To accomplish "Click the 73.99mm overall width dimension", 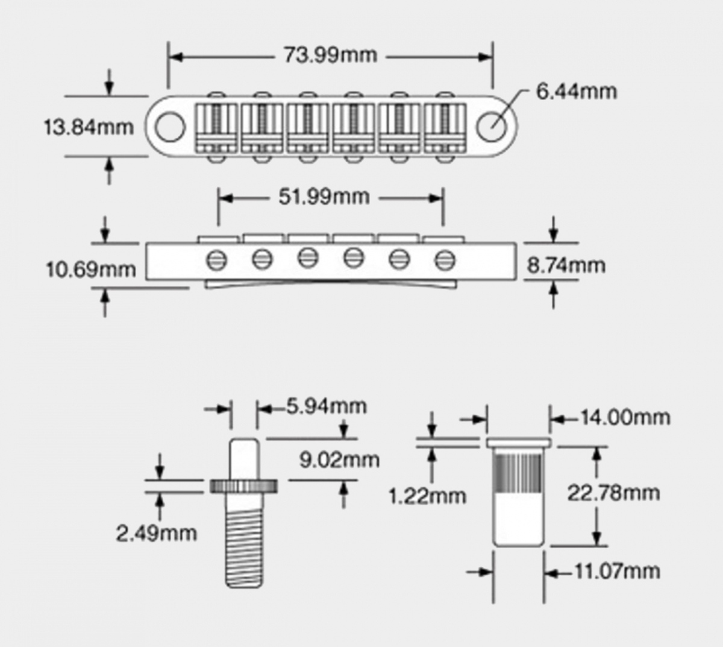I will click(x=330, y=55).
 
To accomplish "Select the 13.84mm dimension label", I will click(x=89, y=127).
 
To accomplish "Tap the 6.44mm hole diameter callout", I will click(x=577, y=92).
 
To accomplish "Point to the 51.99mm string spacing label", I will click(x=324, y=197).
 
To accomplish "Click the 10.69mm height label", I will click(x=91, y=269).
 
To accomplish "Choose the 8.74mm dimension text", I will click(x=566, y=265).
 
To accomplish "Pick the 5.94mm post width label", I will click(x=326, y=406).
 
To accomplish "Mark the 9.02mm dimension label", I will click(x=339, y=460).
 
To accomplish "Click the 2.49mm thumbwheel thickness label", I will click(x=156, y=532).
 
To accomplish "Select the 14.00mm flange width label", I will click(x=625, y=417).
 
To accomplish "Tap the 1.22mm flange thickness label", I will click(x=427, y=496).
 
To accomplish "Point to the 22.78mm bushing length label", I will click(x=613, y=493).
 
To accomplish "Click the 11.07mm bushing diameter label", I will click(x=616, y=570).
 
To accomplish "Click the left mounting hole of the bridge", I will click(x=170, y=127).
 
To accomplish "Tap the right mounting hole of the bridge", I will click(x=491, y=127).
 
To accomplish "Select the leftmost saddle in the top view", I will click(x=216, y=127).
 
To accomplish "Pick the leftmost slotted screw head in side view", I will click(x=216, y=260).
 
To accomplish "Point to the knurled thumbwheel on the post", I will click(x=245, y=485).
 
